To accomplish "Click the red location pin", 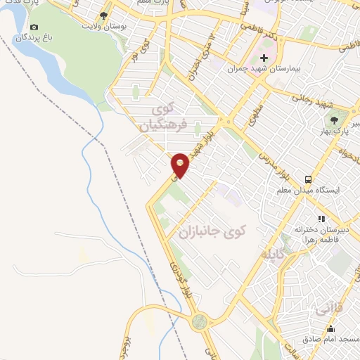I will (x=181, y=165).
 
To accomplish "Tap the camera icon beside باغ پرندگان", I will (x=34, y=27).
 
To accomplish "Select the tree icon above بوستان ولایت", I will (x=104, y=15).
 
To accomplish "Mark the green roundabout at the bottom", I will (x=200, y=322).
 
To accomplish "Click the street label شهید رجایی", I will (x=311, y=100).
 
